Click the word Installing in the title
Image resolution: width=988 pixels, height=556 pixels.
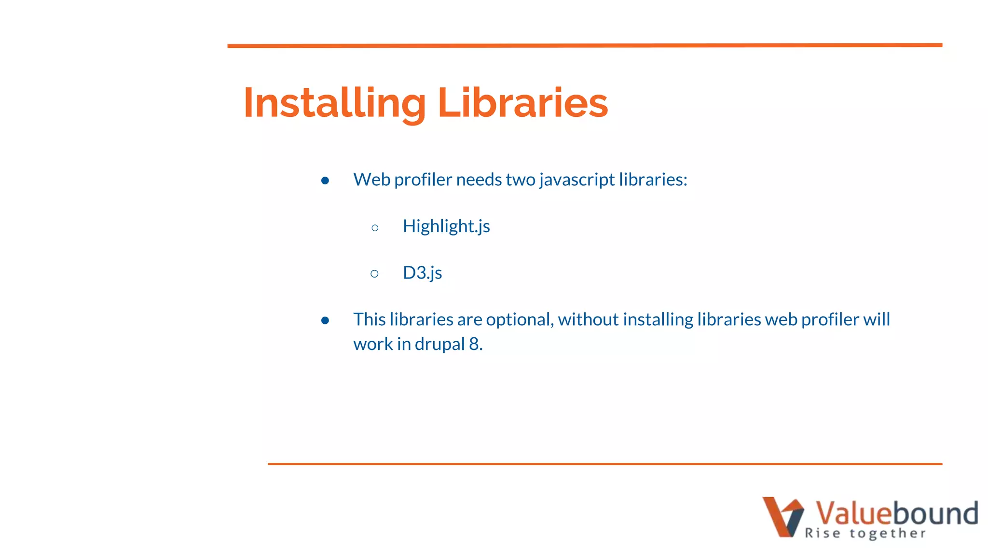(334, 103)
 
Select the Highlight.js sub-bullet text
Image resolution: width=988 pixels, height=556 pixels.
(446, 226)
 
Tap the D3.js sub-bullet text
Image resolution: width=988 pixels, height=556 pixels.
(422, 273)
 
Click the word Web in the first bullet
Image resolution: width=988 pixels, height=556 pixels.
(371, 180)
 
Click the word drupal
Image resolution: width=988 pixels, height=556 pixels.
(439, 344)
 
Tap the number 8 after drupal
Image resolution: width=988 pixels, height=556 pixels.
(474, 344)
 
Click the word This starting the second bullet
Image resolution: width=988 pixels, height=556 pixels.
(369, 320)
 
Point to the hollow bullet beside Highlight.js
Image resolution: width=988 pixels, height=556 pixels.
(375, 227)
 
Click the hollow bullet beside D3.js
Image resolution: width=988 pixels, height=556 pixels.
(375, 274)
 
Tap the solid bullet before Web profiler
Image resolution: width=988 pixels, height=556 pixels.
(325, 181)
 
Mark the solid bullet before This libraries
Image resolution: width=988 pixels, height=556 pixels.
(325, 320)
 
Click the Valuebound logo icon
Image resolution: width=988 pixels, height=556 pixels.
(782, 516)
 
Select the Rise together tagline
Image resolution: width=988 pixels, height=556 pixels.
(865, 533)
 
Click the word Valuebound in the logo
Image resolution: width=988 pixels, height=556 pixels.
(896, 513)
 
